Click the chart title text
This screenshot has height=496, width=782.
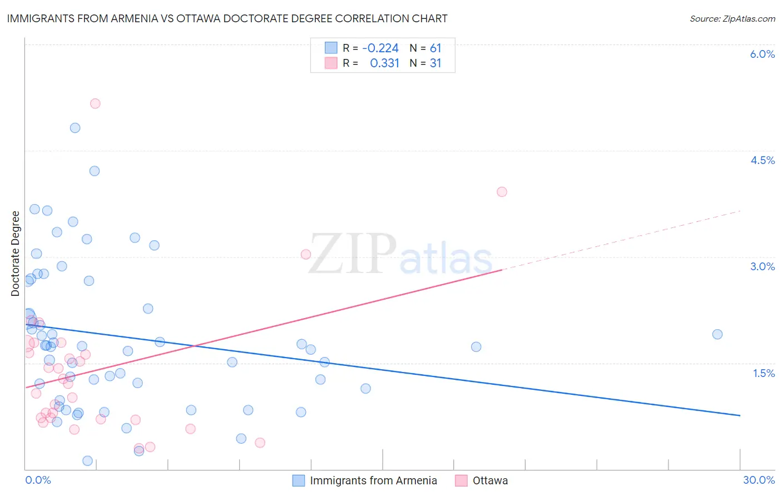(227, 18)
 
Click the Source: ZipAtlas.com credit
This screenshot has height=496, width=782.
(732, 19)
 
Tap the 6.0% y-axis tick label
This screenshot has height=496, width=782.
(762, 54)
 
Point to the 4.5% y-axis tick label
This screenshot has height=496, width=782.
(762, 160)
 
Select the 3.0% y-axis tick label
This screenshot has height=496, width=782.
(762, 266)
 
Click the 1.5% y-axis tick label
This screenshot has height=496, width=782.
(764, 373)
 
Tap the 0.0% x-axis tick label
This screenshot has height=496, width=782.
(38, 480)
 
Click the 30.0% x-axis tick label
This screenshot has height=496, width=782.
(759, 480)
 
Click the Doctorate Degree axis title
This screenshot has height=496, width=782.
(15, 254)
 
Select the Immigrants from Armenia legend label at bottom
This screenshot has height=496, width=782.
(373, 480)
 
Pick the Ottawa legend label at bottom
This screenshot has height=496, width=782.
(490, 480)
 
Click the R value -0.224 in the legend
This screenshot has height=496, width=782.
(380, 48)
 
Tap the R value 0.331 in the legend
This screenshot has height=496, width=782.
(384, 63)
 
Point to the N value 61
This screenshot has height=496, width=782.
(435, 48)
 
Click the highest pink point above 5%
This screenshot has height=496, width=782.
(95, 103)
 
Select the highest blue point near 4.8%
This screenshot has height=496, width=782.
(75, 128)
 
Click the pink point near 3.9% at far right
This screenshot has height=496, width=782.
(502, 192)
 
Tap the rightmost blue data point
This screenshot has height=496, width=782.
(717, 334)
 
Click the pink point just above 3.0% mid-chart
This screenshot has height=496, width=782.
(305, 254)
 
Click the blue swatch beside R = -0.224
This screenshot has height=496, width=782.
(331, 48)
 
